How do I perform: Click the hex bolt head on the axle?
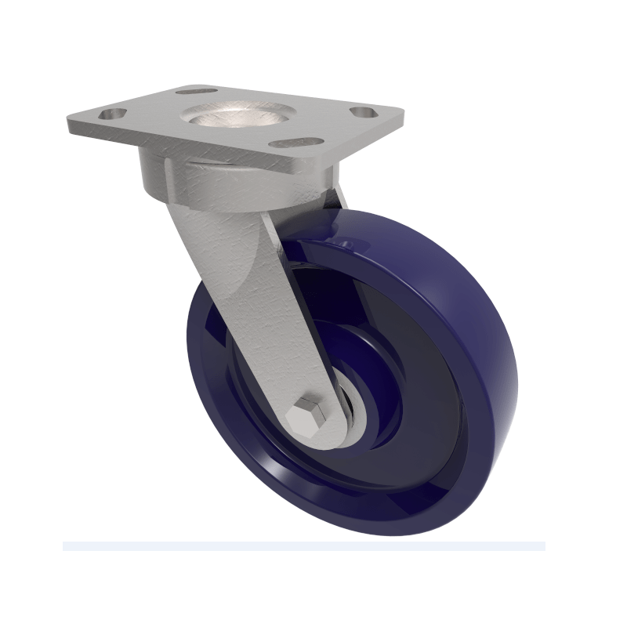click(x=306, y=415)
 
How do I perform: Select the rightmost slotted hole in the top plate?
click(x=362, y=112)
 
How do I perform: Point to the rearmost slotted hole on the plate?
click(x=192, y=91)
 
